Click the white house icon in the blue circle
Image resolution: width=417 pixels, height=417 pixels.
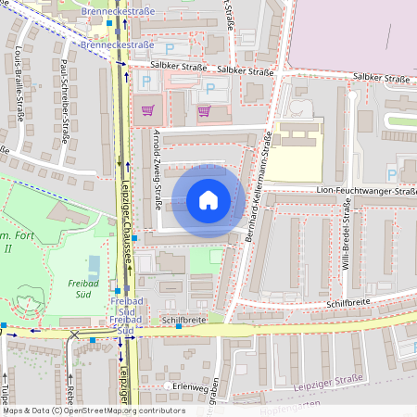(208, 200)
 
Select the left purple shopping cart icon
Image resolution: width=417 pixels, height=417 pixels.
(147, 110)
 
